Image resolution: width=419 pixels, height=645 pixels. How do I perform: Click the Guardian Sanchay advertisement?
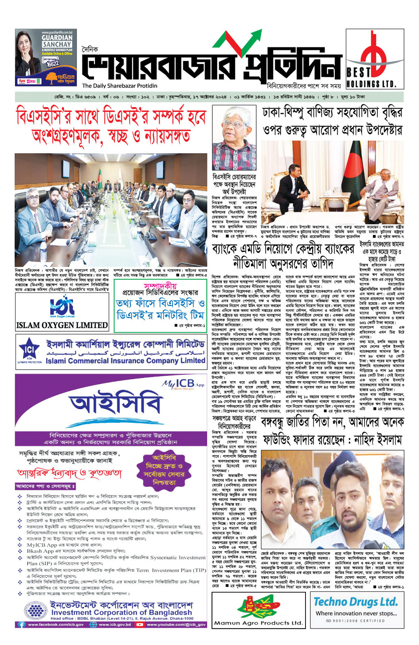(x=46, y=57)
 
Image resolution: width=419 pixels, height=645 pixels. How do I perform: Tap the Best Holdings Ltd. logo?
(x=375, y=59)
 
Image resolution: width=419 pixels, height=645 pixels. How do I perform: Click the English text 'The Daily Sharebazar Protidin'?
(x=120, y=86)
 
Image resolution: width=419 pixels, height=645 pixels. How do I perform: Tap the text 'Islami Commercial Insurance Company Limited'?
(x=125, y=361)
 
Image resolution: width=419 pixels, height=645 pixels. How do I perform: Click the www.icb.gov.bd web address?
(x=115, y=624)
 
